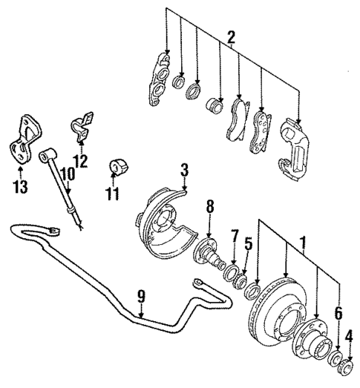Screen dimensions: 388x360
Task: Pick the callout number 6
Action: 338,315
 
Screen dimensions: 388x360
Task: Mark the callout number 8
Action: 210,206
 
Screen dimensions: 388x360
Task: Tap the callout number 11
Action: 113,194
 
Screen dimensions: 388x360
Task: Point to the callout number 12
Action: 80,160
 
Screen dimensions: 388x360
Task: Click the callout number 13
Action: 21,186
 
